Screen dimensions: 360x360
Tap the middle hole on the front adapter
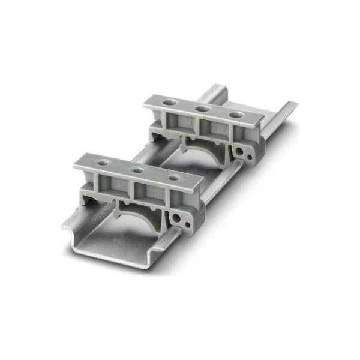[138, 170]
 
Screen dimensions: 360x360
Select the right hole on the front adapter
[173, 178]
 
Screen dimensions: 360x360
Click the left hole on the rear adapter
[171, 103]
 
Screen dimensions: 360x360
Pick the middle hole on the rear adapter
[202, 109]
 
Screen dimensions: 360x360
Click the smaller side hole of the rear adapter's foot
[249, 157]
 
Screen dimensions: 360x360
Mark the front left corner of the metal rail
[65, 227]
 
